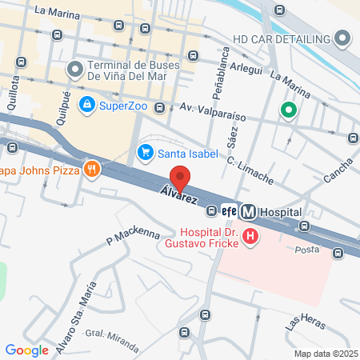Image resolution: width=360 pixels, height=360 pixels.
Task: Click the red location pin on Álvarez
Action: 180,178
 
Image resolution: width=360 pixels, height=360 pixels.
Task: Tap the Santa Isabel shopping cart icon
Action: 146,151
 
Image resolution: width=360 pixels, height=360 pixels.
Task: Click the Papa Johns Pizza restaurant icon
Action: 93,168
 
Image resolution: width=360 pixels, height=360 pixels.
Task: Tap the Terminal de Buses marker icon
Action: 75,70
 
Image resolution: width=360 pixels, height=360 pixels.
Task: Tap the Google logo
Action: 26,350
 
